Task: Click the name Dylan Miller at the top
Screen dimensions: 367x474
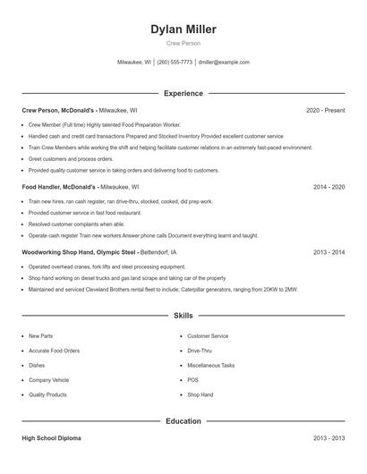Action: tap(183, 29)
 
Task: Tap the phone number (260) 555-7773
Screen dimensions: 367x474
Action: tap(175, 63)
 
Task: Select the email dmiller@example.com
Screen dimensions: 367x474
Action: tap(224, 63)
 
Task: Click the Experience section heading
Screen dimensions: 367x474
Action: tap(183, 93)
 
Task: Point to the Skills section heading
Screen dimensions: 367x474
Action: tap(183, 316)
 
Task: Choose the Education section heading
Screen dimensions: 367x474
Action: tap(183, 420)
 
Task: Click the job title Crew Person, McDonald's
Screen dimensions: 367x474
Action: tap(59, 110)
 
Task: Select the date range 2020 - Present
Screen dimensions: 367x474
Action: tap(325, 110)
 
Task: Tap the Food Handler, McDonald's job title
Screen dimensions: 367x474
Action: tap(60, 188)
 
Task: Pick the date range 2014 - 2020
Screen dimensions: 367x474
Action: tap(329, 188)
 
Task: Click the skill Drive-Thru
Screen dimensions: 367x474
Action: tap(201, 351)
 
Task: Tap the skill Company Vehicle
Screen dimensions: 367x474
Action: tap(48, 380)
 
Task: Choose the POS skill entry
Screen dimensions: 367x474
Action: tap(192, 380)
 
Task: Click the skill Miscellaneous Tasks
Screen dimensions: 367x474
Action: tap(211, 365)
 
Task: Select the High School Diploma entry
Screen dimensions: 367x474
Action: tap(52, 438)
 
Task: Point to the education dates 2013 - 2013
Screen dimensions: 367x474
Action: tap(329, 438)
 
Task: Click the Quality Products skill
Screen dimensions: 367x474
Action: tap(47, 394)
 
